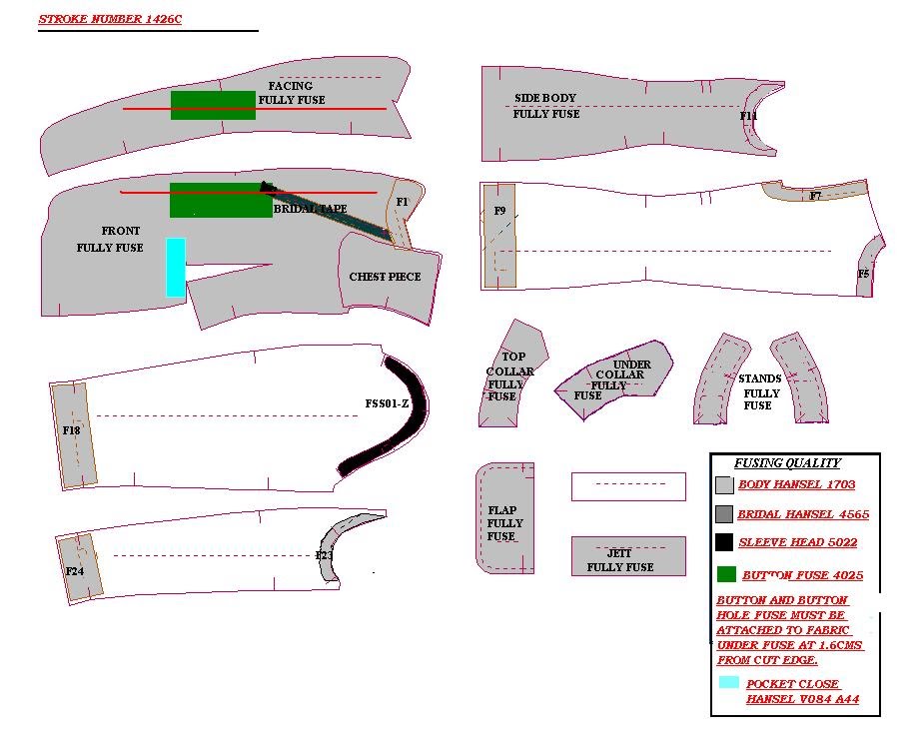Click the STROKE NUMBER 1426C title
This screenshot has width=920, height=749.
(x=110, y=19)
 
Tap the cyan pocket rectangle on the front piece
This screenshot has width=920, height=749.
(x=176, y=267)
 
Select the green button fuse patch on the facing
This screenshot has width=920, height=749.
(x=212, y=105)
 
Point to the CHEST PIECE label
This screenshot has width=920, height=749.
(x=385, y=277)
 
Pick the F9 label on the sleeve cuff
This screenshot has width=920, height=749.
(x=500, y=211)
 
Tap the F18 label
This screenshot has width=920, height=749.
(x=71, y=430)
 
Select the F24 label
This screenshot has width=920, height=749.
(x=74, y=571)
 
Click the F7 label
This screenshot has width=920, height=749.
(x=815, y=196)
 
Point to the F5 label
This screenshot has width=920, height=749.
(x=863, y=274)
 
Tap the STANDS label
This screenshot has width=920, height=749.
(x=759, y=379)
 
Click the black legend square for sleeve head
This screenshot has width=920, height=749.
(x=724, y=543)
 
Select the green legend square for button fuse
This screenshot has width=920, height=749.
(x=726, y=574)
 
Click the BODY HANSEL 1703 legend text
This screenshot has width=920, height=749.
(x=796, y=485)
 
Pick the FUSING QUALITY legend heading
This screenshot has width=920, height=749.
(x=787, y=463)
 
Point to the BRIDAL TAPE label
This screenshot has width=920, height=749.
(x=311, y=209)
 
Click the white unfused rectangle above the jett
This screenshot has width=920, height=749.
(x=628, y=486)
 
